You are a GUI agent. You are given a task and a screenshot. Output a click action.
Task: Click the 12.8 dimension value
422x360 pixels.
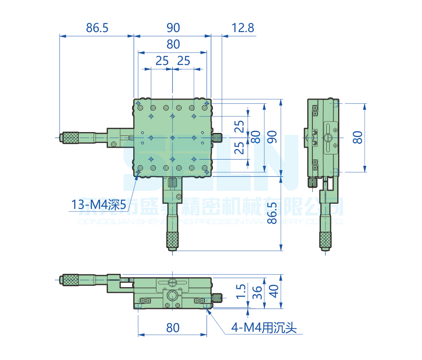(243, 28)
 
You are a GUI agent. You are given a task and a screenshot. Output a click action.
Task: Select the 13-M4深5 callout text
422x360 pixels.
(99, 205)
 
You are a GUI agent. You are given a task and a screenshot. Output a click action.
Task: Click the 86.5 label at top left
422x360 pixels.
(97, 28)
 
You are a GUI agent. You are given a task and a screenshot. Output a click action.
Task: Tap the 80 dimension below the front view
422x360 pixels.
(173, 328)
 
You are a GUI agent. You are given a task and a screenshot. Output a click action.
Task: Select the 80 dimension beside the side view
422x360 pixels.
(358, 137)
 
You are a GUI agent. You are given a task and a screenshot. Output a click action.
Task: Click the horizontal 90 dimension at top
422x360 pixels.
(173, 28)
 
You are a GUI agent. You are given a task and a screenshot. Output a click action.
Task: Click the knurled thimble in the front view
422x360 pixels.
(70, 279)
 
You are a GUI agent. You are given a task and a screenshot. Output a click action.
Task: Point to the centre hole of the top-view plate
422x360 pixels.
(172, 138)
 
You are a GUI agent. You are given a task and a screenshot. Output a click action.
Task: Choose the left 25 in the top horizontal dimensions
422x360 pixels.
(162, 61)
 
